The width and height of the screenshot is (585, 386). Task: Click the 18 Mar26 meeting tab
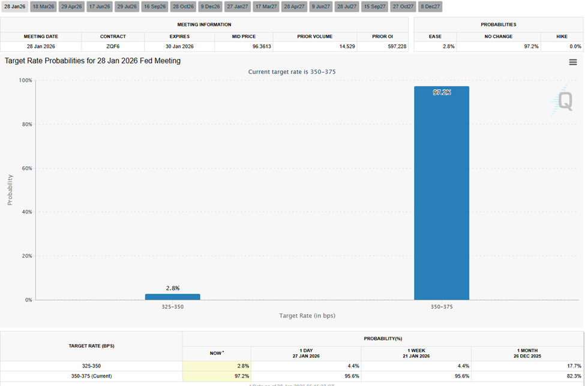point(43,7)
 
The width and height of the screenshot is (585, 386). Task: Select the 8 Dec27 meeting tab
point(430,7)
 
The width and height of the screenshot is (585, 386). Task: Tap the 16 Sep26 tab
point(155,7)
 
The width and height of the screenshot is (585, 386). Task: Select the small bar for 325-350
point(172,297)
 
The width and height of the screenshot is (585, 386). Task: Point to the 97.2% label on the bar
point(442,92)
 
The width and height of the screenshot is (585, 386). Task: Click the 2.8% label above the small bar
point(172,288)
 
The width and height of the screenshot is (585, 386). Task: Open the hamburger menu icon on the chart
point(573,62)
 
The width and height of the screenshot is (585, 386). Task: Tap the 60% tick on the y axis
point(26,168)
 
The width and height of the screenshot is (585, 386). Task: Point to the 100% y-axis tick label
point(25,80)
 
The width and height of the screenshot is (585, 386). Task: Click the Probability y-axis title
point(10,190)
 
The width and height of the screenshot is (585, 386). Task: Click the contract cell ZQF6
point(113,46)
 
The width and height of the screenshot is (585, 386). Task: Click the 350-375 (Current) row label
point(91,376)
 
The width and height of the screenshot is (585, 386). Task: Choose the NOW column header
point(216,353)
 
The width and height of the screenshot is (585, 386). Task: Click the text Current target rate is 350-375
point(292,72)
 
